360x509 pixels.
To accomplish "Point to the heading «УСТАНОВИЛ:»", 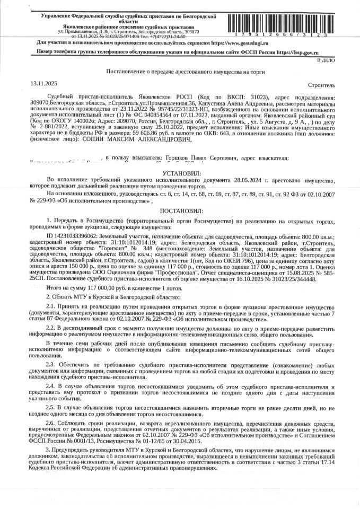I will click(x=180, y=173).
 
